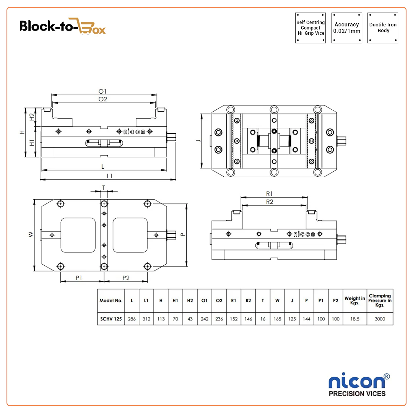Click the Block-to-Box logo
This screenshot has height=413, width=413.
click(63, 27)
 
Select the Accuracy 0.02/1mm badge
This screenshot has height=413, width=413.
click(346, 28)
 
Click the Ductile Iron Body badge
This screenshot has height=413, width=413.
click(383, 28)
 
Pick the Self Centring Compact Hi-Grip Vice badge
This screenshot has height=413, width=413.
click(311, 28)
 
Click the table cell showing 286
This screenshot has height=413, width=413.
click(132, 319)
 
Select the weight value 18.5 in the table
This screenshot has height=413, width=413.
click(355, 319)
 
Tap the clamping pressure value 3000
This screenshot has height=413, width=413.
click(380, 319)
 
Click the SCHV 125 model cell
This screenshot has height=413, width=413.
click(111, 319)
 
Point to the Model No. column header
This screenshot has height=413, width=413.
click(111, 301)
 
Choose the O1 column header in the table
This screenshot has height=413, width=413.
click(205, 301)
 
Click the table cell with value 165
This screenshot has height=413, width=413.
click(277, 319)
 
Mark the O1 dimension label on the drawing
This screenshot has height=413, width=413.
click(102, 91)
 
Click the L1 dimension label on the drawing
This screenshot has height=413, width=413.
click(110, 176)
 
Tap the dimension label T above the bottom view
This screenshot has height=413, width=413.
click(104, 187)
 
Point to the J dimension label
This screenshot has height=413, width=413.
click(197, 141)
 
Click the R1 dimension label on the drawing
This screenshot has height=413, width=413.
click(269, 193)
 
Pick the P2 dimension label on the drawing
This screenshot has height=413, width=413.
click(126, 278)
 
